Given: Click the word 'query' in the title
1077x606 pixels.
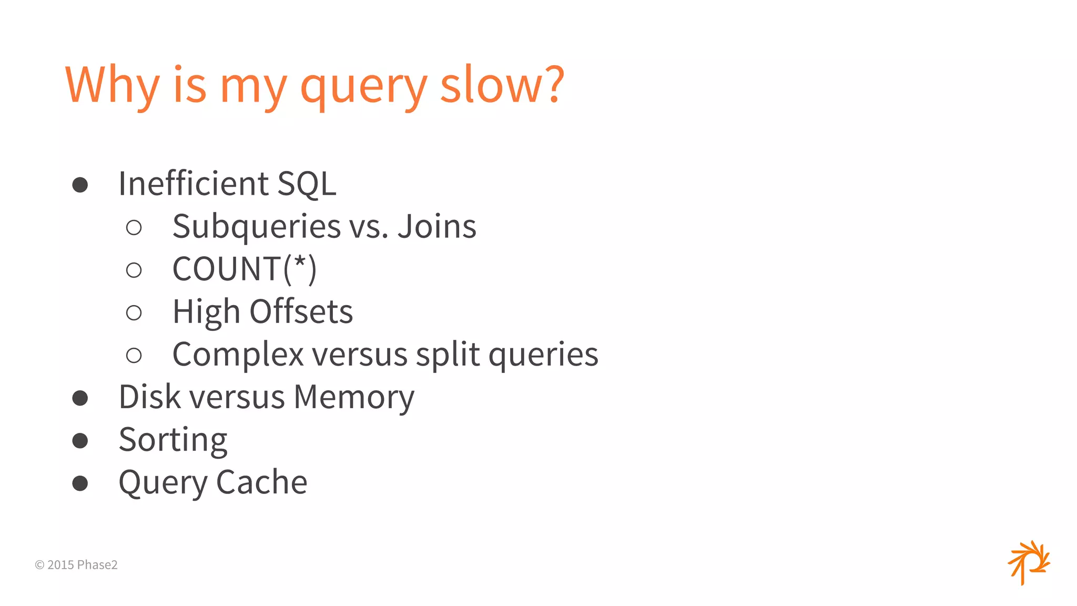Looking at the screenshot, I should pos(363,87).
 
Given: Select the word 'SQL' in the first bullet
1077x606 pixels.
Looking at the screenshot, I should pos(307,184).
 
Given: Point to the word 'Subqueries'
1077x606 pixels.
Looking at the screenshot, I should pos(257,227).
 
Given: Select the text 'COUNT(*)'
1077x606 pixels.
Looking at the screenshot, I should pos(245,269).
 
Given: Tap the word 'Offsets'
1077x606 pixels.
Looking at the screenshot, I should pos(301,311).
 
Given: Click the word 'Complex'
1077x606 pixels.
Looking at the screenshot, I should pos(238,355).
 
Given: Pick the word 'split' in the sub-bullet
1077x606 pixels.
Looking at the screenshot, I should pos(448,355).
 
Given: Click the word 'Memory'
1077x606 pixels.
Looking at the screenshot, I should pos(354,398).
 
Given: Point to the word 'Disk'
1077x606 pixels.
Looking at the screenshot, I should pos(150,397).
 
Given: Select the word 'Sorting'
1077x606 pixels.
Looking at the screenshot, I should pos(173,440).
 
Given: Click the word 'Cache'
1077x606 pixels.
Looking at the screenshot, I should pos(261,482).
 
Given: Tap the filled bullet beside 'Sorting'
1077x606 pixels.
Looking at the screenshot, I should pos(80,440).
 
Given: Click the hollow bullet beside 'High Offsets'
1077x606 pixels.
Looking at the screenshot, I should pos(134,313).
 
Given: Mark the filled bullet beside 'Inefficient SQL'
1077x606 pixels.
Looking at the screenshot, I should pos(80,185).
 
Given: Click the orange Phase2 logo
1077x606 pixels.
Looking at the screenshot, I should pos(1029,562).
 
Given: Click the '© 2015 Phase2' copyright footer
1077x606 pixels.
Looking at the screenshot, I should pos(76,565).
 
